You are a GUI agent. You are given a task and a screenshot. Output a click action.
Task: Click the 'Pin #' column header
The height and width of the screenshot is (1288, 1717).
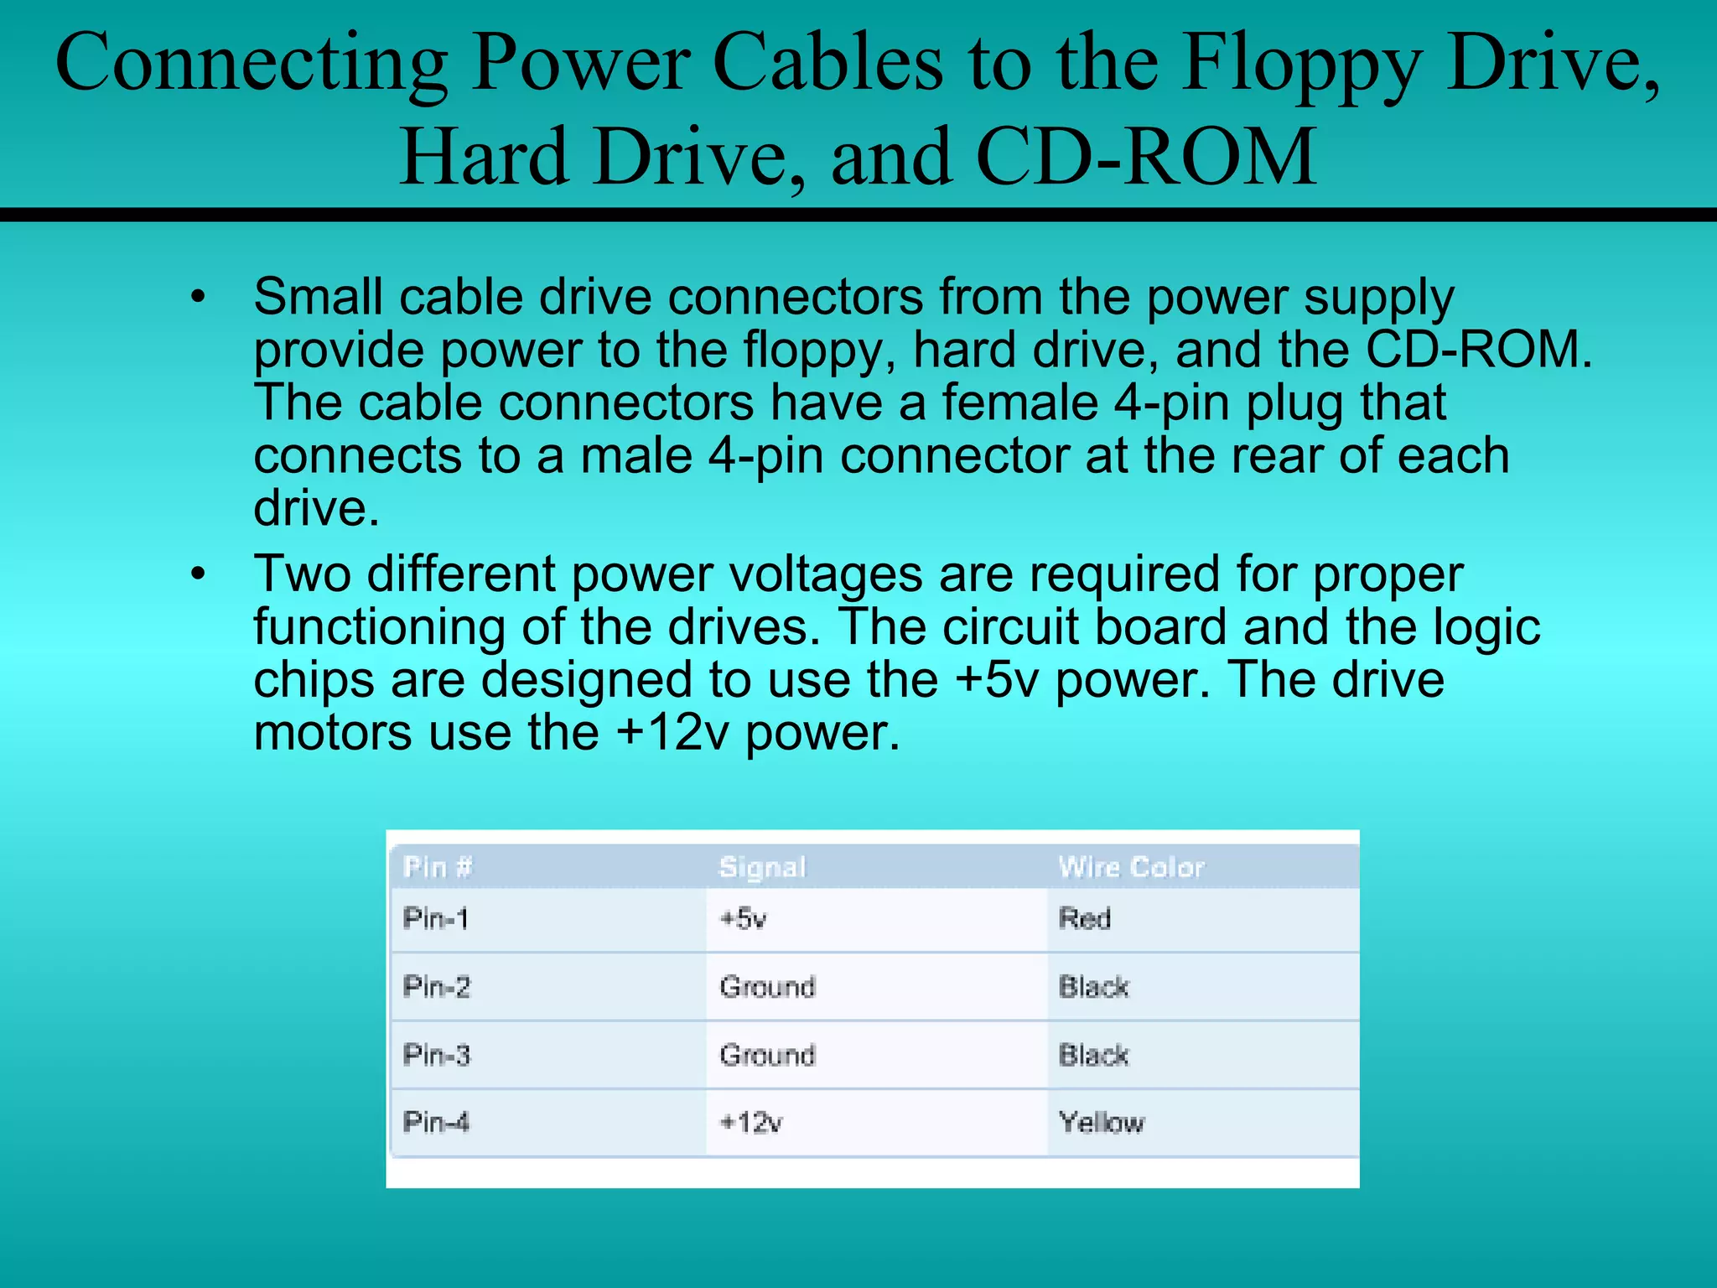pos(438,866)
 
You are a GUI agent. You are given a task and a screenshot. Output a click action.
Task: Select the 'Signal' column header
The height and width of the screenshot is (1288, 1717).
pos(762,867)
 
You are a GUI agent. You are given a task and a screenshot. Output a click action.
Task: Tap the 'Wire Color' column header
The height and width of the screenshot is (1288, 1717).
pos(1131,866)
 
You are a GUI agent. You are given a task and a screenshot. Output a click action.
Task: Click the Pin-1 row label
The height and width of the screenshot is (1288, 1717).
pos(435,918)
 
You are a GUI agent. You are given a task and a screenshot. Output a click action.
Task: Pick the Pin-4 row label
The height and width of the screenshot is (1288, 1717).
pos(436,1122)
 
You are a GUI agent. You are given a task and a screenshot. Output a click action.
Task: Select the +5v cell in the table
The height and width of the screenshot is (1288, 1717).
pos(744,919)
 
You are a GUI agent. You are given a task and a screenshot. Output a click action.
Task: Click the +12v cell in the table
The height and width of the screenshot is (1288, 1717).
pos(751,1123)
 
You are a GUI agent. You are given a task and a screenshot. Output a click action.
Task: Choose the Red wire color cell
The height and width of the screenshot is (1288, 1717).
pos(1085,919)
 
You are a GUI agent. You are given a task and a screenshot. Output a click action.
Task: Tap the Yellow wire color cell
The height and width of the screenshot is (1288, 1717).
pos(1101,1123)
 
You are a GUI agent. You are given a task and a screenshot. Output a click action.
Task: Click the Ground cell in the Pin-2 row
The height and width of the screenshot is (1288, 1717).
pos(767,987)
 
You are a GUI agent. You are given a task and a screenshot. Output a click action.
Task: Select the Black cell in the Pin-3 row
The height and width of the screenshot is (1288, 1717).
pos(1093,1055)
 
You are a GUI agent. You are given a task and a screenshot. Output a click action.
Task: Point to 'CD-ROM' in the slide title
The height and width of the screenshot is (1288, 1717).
pos(1147,157)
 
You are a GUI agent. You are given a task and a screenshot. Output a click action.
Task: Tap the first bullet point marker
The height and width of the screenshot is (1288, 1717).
pos(198,297)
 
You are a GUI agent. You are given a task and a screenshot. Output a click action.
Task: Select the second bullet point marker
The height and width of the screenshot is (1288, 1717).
pos(198,574)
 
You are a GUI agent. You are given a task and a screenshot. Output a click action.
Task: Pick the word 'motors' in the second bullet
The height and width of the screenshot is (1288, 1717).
pos(332,733)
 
